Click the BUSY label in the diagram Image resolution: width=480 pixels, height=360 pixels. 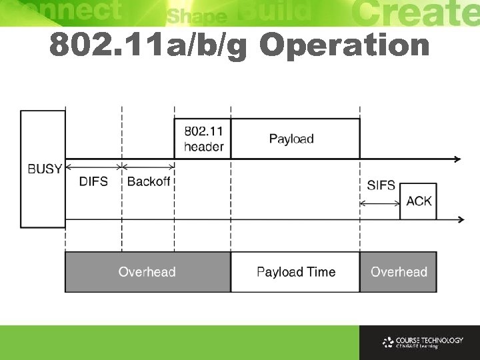(x=45, y=169)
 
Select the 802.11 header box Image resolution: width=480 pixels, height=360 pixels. (x=203, y=139)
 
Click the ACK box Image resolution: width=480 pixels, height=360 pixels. (x=418, y=201)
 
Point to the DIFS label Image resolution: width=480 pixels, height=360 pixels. (x=93, y=181)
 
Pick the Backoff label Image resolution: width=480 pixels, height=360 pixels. (x=148, y=181)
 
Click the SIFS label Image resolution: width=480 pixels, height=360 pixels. (x=381, y=185)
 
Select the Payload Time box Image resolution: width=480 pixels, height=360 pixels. (x=295, y=272)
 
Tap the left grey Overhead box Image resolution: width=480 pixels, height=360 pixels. (x=147, y=272)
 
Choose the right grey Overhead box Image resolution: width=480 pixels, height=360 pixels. (x=399, y=272)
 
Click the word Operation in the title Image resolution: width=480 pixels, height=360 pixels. (x=345, y=45)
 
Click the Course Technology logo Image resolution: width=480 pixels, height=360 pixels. (x=423, y=343)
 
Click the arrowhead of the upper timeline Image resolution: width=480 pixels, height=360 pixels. (x=457, y=159)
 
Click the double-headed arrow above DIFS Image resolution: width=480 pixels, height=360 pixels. (x=93, y=167)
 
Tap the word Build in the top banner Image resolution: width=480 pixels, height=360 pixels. (x=273, y=11)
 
